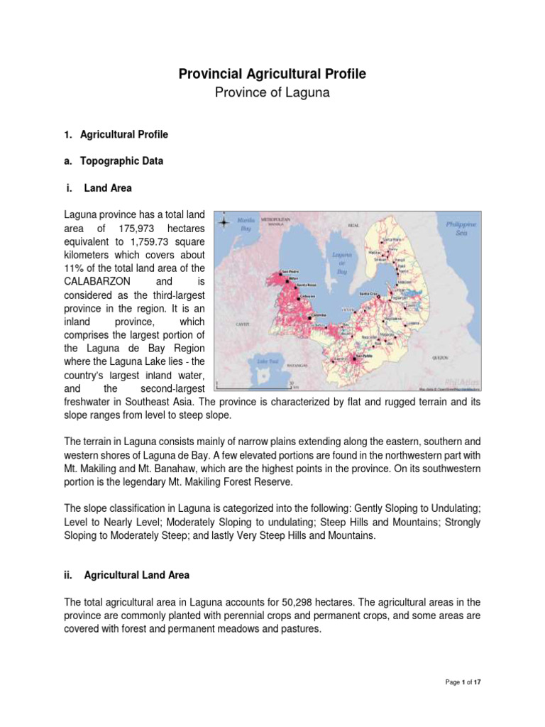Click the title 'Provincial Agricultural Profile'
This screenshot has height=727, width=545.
pos(272,73)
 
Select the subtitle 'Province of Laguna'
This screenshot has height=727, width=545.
pos(272,93)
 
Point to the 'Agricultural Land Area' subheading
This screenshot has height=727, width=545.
pos(136,574)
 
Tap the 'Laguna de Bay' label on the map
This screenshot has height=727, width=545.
pos(338,262)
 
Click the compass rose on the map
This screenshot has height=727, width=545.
pos(224,222)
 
